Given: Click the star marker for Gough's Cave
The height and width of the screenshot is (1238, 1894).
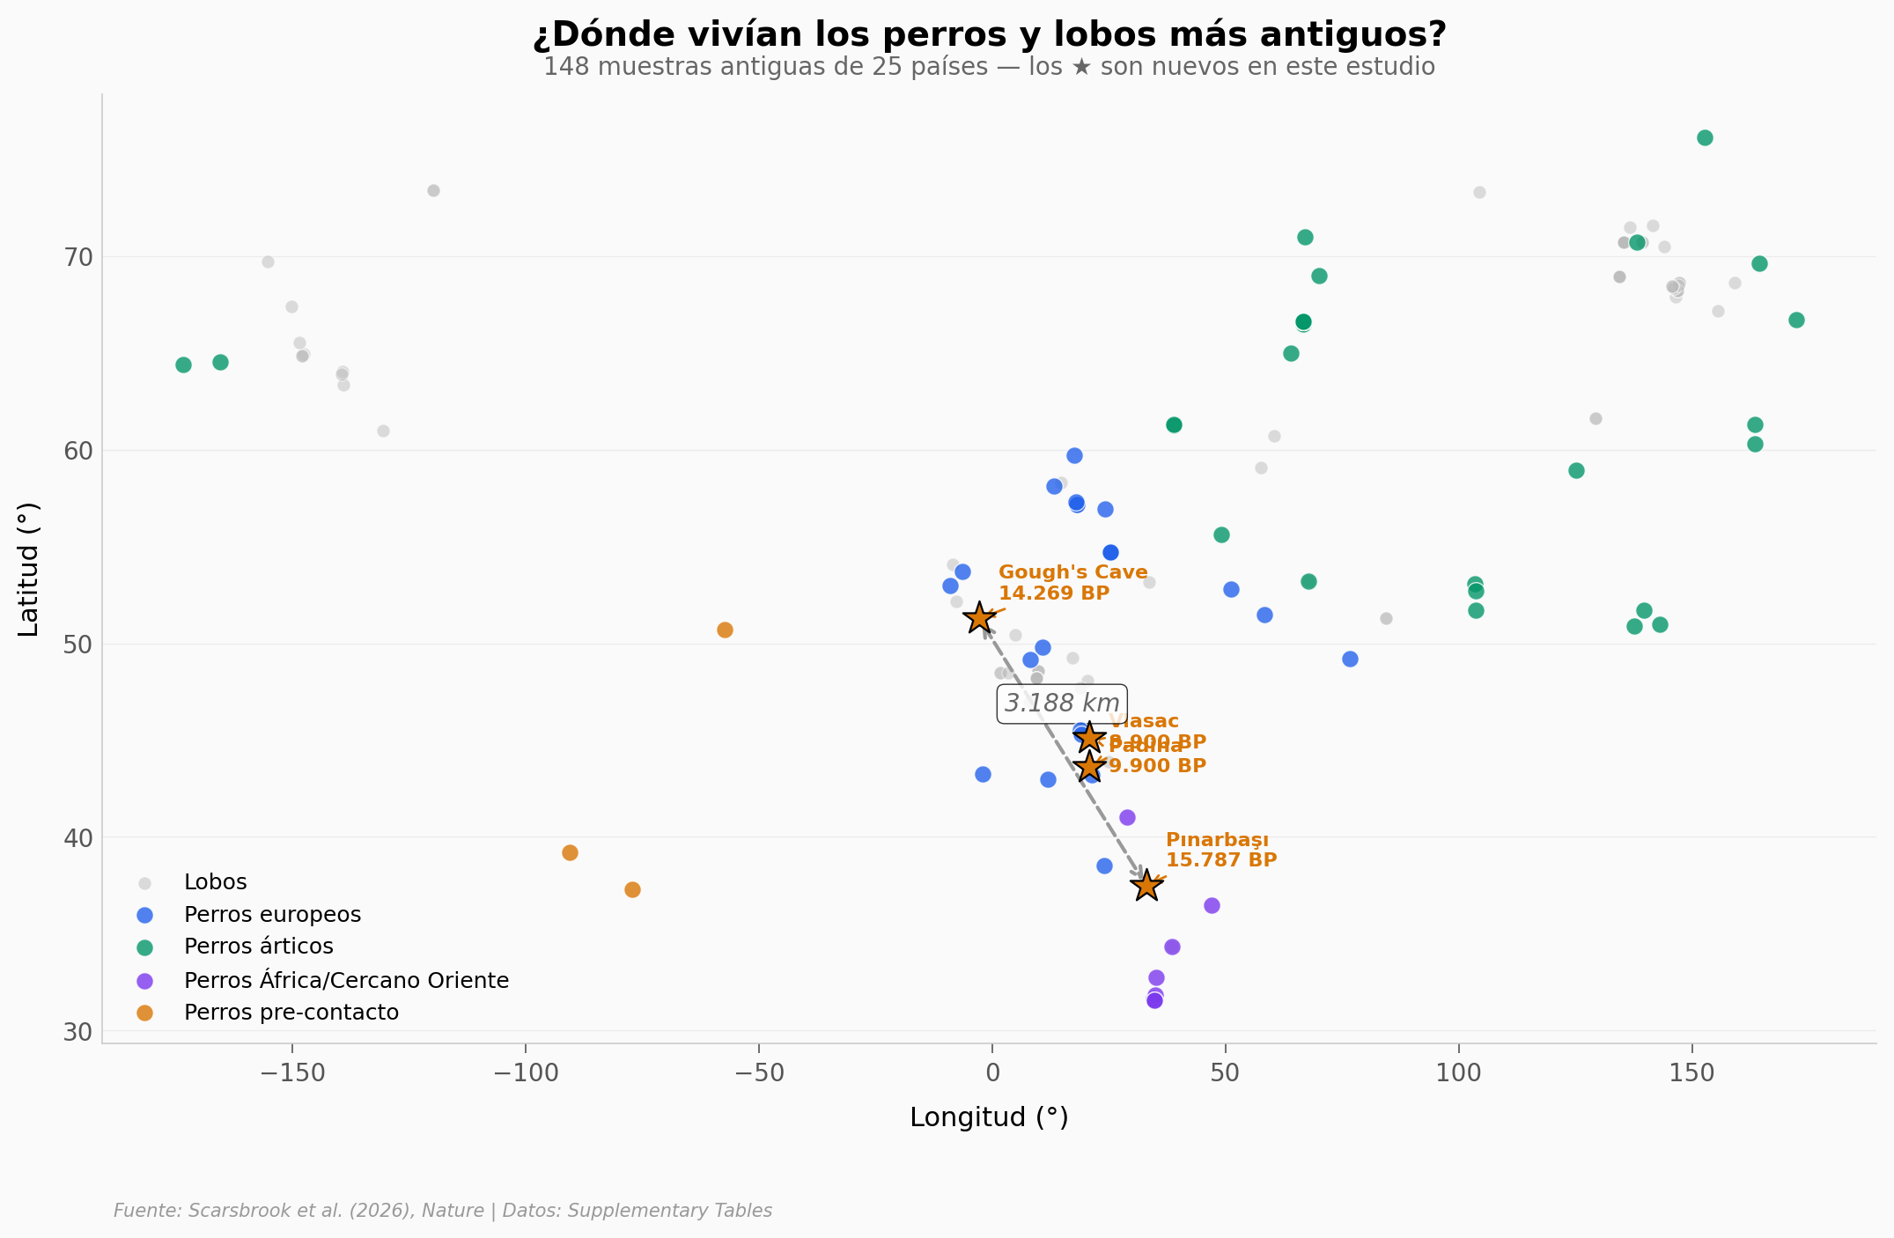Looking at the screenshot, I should (x=979, y=618).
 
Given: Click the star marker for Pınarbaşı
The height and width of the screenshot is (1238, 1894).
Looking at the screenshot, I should (x=1146, y=886).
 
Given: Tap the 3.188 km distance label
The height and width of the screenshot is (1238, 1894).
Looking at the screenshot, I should (x=1062, y=704).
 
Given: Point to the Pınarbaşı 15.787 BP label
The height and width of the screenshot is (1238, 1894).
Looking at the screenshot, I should (x=1220, y=851).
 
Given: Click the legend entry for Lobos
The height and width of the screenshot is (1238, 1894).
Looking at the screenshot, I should (x=215, y=882).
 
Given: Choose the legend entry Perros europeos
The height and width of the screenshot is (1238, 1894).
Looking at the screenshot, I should (x=272, y=915).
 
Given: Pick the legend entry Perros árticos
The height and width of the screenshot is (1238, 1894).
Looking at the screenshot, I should (x=258, y=947).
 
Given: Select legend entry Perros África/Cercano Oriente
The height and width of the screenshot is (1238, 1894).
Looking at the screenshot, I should (x=346, y=980).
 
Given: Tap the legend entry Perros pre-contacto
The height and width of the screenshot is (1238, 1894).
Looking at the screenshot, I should (x=291, y=1013).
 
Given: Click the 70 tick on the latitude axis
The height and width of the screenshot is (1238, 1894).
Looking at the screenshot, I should (x=77, y=257).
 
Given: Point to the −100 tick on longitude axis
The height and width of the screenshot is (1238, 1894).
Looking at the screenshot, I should (x=525, y=1074).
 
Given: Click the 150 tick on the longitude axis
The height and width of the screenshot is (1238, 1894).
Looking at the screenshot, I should (x=1691, y=1074).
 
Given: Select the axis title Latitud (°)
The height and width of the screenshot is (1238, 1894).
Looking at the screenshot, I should (x=29, y=569).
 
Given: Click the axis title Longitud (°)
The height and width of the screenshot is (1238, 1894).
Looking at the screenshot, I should (x=989, y=1117).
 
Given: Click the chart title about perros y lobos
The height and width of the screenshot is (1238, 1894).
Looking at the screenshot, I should (x=989, y=35).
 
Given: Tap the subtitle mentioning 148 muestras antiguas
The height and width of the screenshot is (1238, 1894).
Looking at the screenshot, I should (x=989, y=68).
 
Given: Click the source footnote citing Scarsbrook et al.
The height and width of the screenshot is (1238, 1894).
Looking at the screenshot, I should (x=443, y=1211).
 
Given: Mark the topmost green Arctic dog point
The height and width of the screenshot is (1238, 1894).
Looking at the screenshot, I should (x=1705, y=137).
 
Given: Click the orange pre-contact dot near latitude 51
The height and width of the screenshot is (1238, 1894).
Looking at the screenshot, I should (x=725, y=630).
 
